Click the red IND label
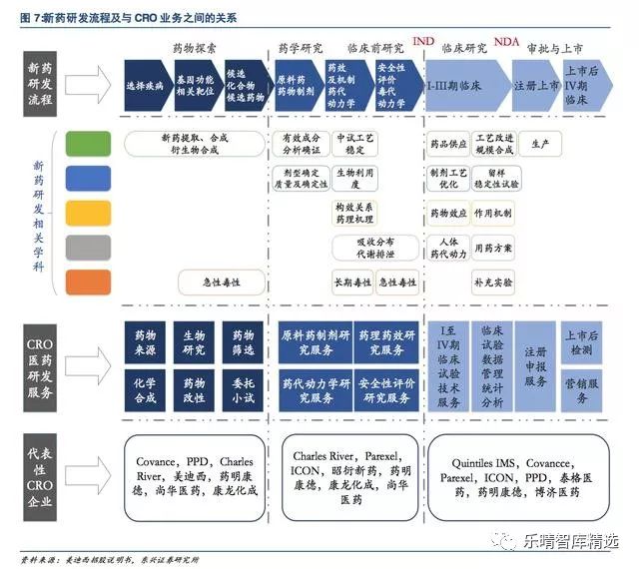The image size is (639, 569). click(x=423, y=41)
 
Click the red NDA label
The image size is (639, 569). click(x=506, y=41)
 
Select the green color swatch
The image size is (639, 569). click(x=88, y=144)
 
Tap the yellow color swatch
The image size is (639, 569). click(x=88, y=213)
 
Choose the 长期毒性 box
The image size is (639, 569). click(x=351, y=283)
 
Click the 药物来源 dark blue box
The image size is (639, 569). click(x=146, y=342)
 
